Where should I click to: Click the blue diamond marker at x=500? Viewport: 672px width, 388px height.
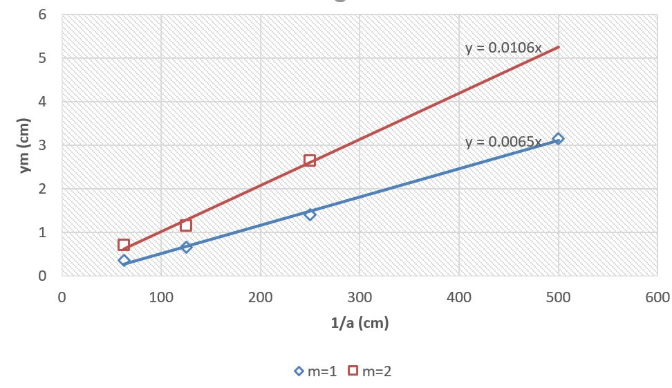(558, 139)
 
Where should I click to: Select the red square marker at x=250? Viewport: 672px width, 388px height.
(310, 160)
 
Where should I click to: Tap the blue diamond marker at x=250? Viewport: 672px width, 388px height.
(310, 214)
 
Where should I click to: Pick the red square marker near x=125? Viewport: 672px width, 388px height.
(185, 225)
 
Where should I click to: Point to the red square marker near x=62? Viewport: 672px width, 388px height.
(124, 245)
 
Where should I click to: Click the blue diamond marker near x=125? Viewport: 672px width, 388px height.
(185, 247)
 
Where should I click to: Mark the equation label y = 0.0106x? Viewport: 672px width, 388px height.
(503, 48)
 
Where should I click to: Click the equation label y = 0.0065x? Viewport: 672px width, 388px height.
(503, 142)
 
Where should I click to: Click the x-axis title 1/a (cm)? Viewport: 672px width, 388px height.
(360, 323)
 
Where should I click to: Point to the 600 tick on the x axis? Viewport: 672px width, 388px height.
(657, 298)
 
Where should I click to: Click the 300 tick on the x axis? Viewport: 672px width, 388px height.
(360, 298)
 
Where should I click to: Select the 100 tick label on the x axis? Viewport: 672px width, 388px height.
(161, 298)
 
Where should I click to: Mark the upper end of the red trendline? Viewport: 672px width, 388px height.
(558, 46)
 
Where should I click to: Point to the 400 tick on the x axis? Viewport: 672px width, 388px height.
(459, 298)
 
